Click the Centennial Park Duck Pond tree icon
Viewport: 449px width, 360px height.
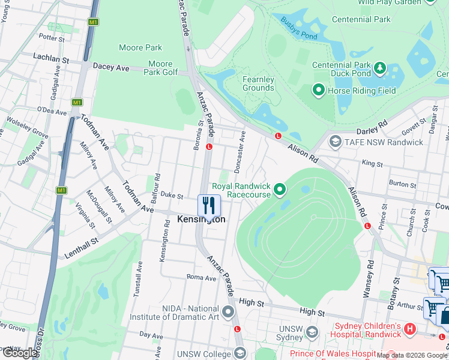[380, 68]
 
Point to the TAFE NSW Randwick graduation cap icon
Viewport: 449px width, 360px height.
[335, 142]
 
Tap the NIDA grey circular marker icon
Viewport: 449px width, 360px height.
[228, 312]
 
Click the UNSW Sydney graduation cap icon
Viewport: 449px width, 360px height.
[312, 332]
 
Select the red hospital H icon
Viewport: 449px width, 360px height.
[410, 329]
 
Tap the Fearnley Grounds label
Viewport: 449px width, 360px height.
[258, 83]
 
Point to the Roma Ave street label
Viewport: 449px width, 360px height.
[201, 278]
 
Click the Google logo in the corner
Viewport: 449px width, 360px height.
[20, 353]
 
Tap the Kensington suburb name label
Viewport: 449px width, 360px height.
[202, 220]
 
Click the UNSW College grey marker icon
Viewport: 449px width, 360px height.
[240, 353]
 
